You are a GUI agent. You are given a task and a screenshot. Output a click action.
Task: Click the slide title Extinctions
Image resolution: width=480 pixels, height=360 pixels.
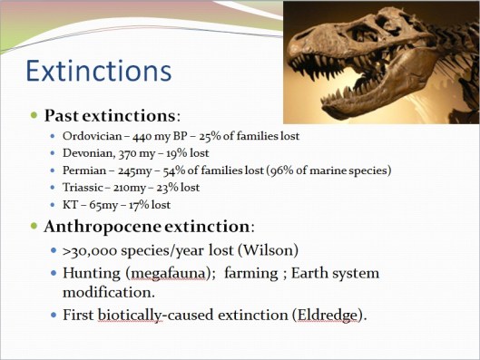point(97,70)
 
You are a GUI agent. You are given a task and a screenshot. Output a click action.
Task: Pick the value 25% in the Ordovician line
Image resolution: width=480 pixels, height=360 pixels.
point(214,136)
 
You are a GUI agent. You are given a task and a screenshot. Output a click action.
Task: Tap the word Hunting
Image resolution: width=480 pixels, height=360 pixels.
point(91,273)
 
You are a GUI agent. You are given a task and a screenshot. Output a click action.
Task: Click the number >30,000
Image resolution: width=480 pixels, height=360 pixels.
point(90,249)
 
